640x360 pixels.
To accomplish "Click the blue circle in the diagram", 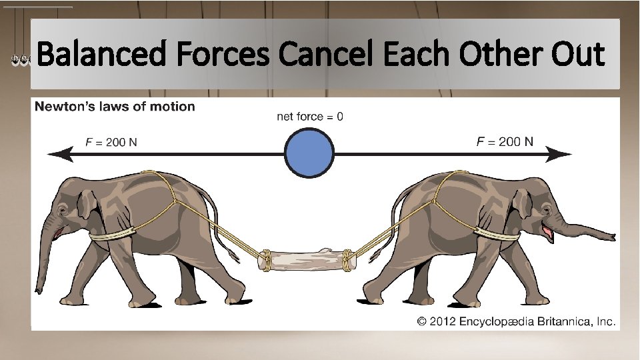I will tap(309, 154).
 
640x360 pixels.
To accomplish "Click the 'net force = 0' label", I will tap(310, 117).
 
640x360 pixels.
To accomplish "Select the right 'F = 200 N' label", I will tap(505, 141).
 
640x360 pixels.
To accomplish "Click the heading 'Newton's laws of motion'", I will tap(115, 107).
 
